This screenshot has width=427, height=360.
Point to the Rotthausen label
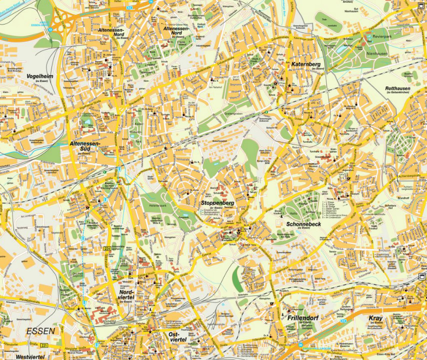click(x=397, y=88)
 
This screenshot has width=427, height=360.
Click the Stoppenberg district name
click(x=217, y=203)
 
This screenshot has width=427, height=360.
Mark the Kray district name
click(x=375, y=318)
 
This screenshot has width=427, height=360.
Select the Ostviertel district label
click(x=177, y=337)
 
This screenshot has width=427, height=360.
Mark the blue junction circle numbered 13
click(x=50, y=28)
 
